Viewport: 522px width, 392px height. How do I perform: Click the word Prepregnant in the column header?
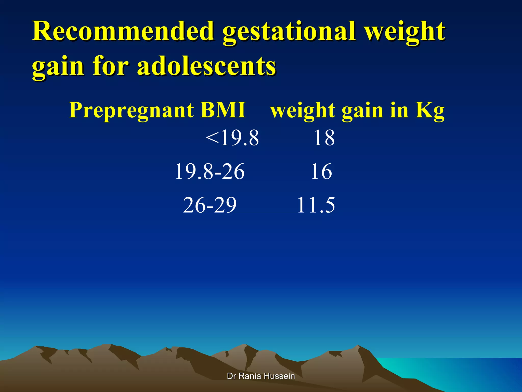pyautogui.click(x=131, y=111)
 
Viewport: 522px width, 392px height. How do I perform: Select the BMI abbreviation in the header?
pyautogui.click(x=223, y=110)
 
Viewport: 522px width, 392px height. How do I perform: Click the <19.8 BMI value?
pyautogui.click(x=232, y=138)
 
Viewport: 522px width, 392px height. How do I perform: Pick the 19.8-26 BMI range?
pyautogui.click(x=210, y=171)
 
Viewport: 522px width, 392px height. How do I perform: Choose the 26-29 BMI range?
pyautogui.click(x=210, y=205)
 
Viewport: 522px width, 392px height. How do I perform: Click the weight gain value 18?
pyautogui.click(x=324, y=138)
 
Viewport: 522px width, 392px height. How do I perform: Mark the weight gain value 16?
pyautogui.click(x=321, y=171)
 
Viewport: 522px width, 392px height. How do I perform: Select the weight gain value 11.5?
pyautogui.click(x=316, y=205)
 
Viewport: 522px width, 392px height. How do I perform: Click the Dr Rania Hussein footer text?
pyautogui.click(x=261, y=376)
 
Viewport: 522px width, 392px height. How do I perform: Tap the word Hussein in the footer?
pyautogui.click(x=279, y=376)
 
